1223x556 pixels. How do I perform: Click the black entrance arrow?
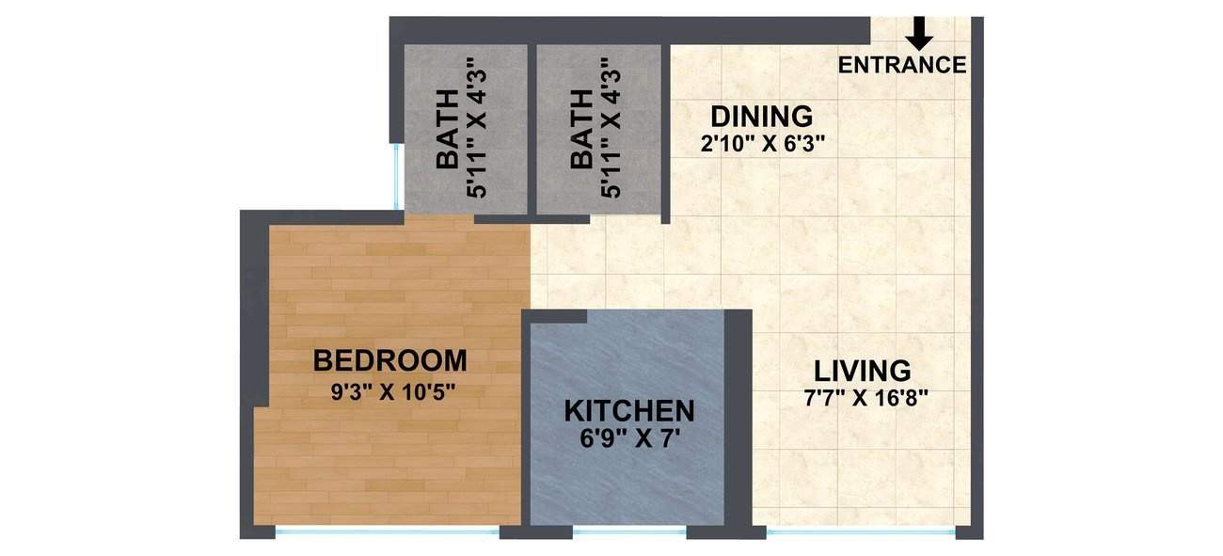pos(919,33)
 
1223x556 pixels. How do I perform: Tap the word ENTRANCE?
pos(902,65)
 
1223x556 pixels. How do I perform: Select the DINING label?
pos(761,118)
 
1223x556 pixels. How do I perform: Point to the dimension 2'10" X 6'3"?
pos(761,144)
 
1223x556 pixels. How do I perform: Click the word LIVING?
pos(862,371)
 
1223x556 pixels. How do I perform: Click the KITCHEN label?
pos(629,411)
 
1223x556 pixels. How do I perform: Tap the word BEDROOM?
pos(389,360)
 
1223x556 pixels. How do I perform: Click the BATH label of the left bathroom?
pos(449,129)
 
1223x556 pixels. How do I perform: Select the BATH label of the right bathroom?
pos(582,129)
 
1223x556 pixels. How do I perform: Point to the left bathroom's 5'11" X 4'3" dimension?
pos(477,127)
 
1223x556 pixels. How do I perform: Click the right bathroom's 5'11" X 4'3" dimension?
pos(611,127)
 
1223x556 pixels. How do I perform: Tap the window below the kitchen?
pos(629,532)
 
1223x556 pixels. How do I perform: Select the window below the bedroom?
pos(387,532)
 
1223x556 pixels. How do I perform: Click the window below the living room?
pos(861,532)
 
